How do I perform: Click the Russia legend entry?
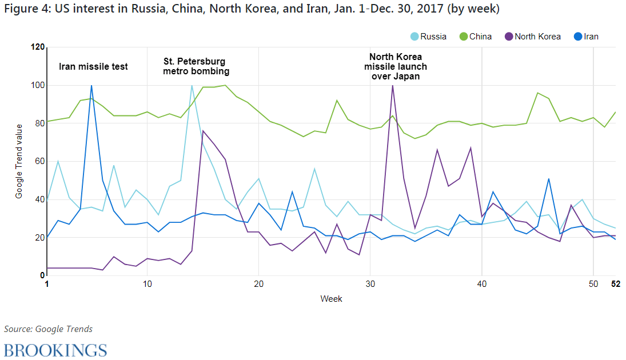[x=428, y=37]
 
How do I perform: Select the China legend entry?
[x=475, y=37]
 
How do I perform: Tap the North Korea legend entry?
[x=532, y=37]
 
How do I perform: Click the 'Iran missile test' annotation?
[x=93, y=67]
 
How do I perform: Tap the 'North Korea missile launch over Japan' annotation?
[x=396, y=66]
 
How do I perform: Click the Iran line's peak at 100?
[x=91, y=86]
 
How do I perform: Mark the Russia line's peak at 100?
[x=192, y=86]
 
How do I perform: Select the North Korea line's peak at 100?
[x=392, y=86]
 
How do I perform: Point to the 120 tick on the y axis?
[x=38, y=47]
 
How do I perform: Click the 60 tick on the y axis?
[x=39, y=162]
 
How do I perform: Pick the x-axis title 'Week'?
[x=331, y=299]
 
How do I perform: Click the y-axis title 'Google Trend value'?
[x=19, y=161]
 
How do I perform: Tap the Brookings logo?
[x=55, y=350]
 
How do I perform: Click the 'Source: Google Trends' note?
[x=48, y=329]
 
